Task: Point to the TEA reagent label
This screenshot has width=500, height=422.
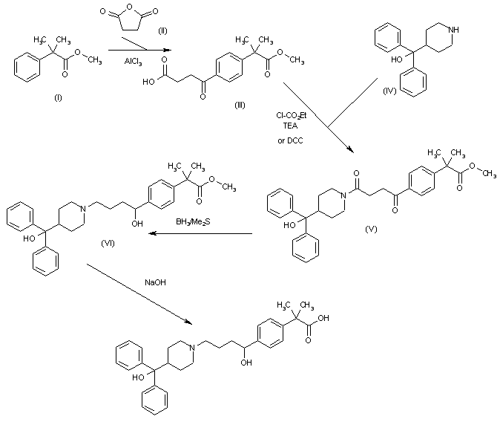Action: (x=288, y=126)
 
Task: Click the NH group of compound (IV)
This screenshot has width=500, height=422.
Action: (x=464, y=30)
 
